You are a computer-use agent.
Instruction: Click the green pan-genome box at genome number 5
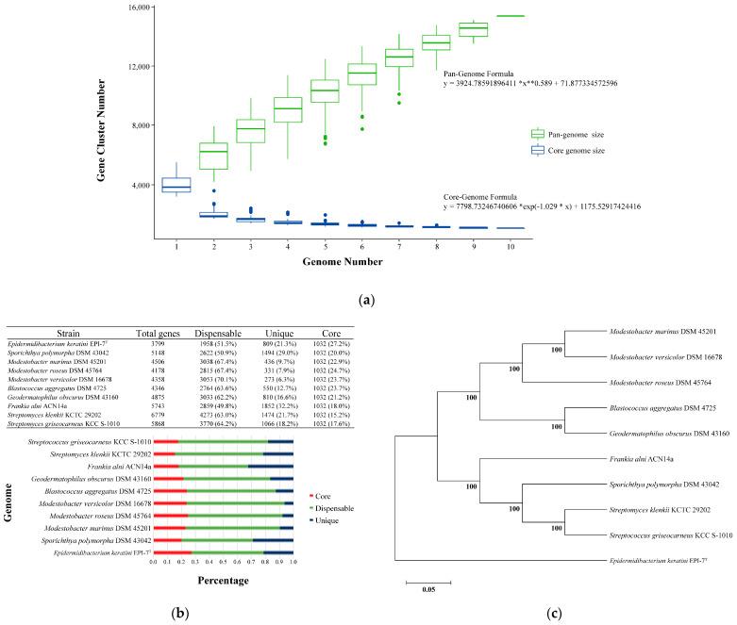pos(325,90)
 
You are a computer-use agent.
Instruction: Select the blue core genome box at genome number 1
pos(176,185)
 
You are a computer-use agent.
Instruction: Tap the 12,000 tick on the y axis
pos(139,66)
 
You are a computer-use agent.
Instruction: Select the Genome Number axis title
pos(344,266)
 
